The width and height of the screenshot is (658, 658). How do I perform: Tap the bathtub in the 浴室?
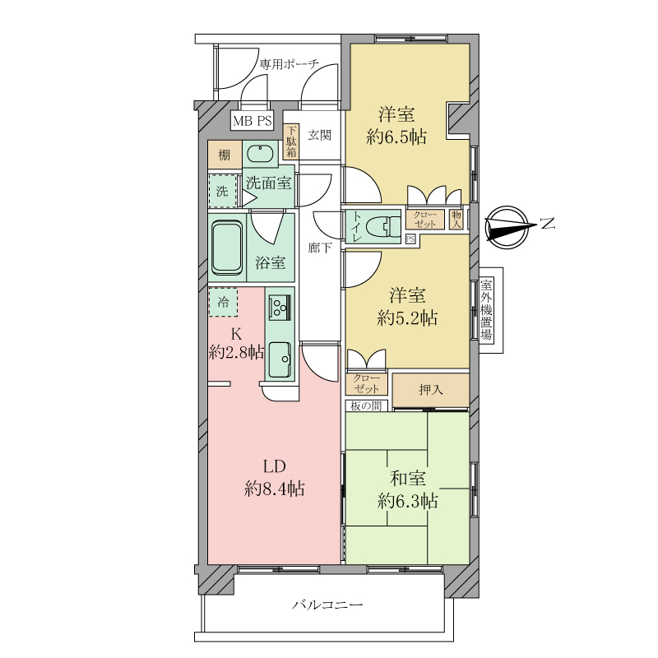(x=227, y=248)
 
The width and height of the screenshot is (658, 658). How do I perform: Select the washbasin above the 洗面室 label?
(x=260, y=154)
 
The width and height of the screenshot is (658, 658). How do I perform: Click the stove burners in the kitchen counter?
(x=279, y=306)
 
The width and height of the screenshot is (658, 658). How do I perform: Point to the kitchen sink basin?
(x=280, y=359)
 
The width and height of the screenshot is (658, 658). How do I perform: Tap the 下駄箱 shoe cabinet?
(x=291, y=141)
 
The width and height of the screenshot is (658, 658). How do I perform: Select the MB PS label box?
(x=253, y=121)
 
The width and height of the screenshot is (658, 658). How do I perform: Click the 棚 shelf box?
(x=225, y=155)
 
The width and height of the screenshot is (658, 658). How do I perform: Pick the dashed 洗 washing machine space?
(x=223, y=191)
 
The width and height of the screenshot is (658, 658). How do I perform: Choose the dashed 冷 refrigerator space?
(x=224, y=302)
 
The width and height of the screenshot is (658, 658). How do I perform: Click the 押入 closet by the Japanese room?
(x=431, y=390)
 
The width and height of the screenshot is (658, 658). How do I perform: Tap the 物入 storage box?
(x=456, y=219)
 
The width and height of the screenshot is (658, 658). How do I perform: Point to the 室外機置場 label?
(x=487, y=310)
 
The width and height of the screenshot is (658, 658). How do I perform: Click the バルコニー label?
(x=327, y=605)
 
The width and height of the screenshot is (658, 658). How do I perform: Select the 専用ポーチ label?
(x=290, y=64)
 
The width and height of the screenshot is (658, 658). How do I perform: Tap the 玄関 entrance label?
(x=320, y=135)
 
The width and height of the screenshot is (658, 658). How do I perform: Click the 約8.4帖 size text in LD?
(x=275, y=489)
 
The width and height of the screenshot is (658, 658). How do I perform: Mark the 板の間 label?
(x=366, y=405)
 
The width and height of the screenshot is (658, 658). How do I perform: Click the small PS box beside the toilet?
(x=410, y=239)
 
